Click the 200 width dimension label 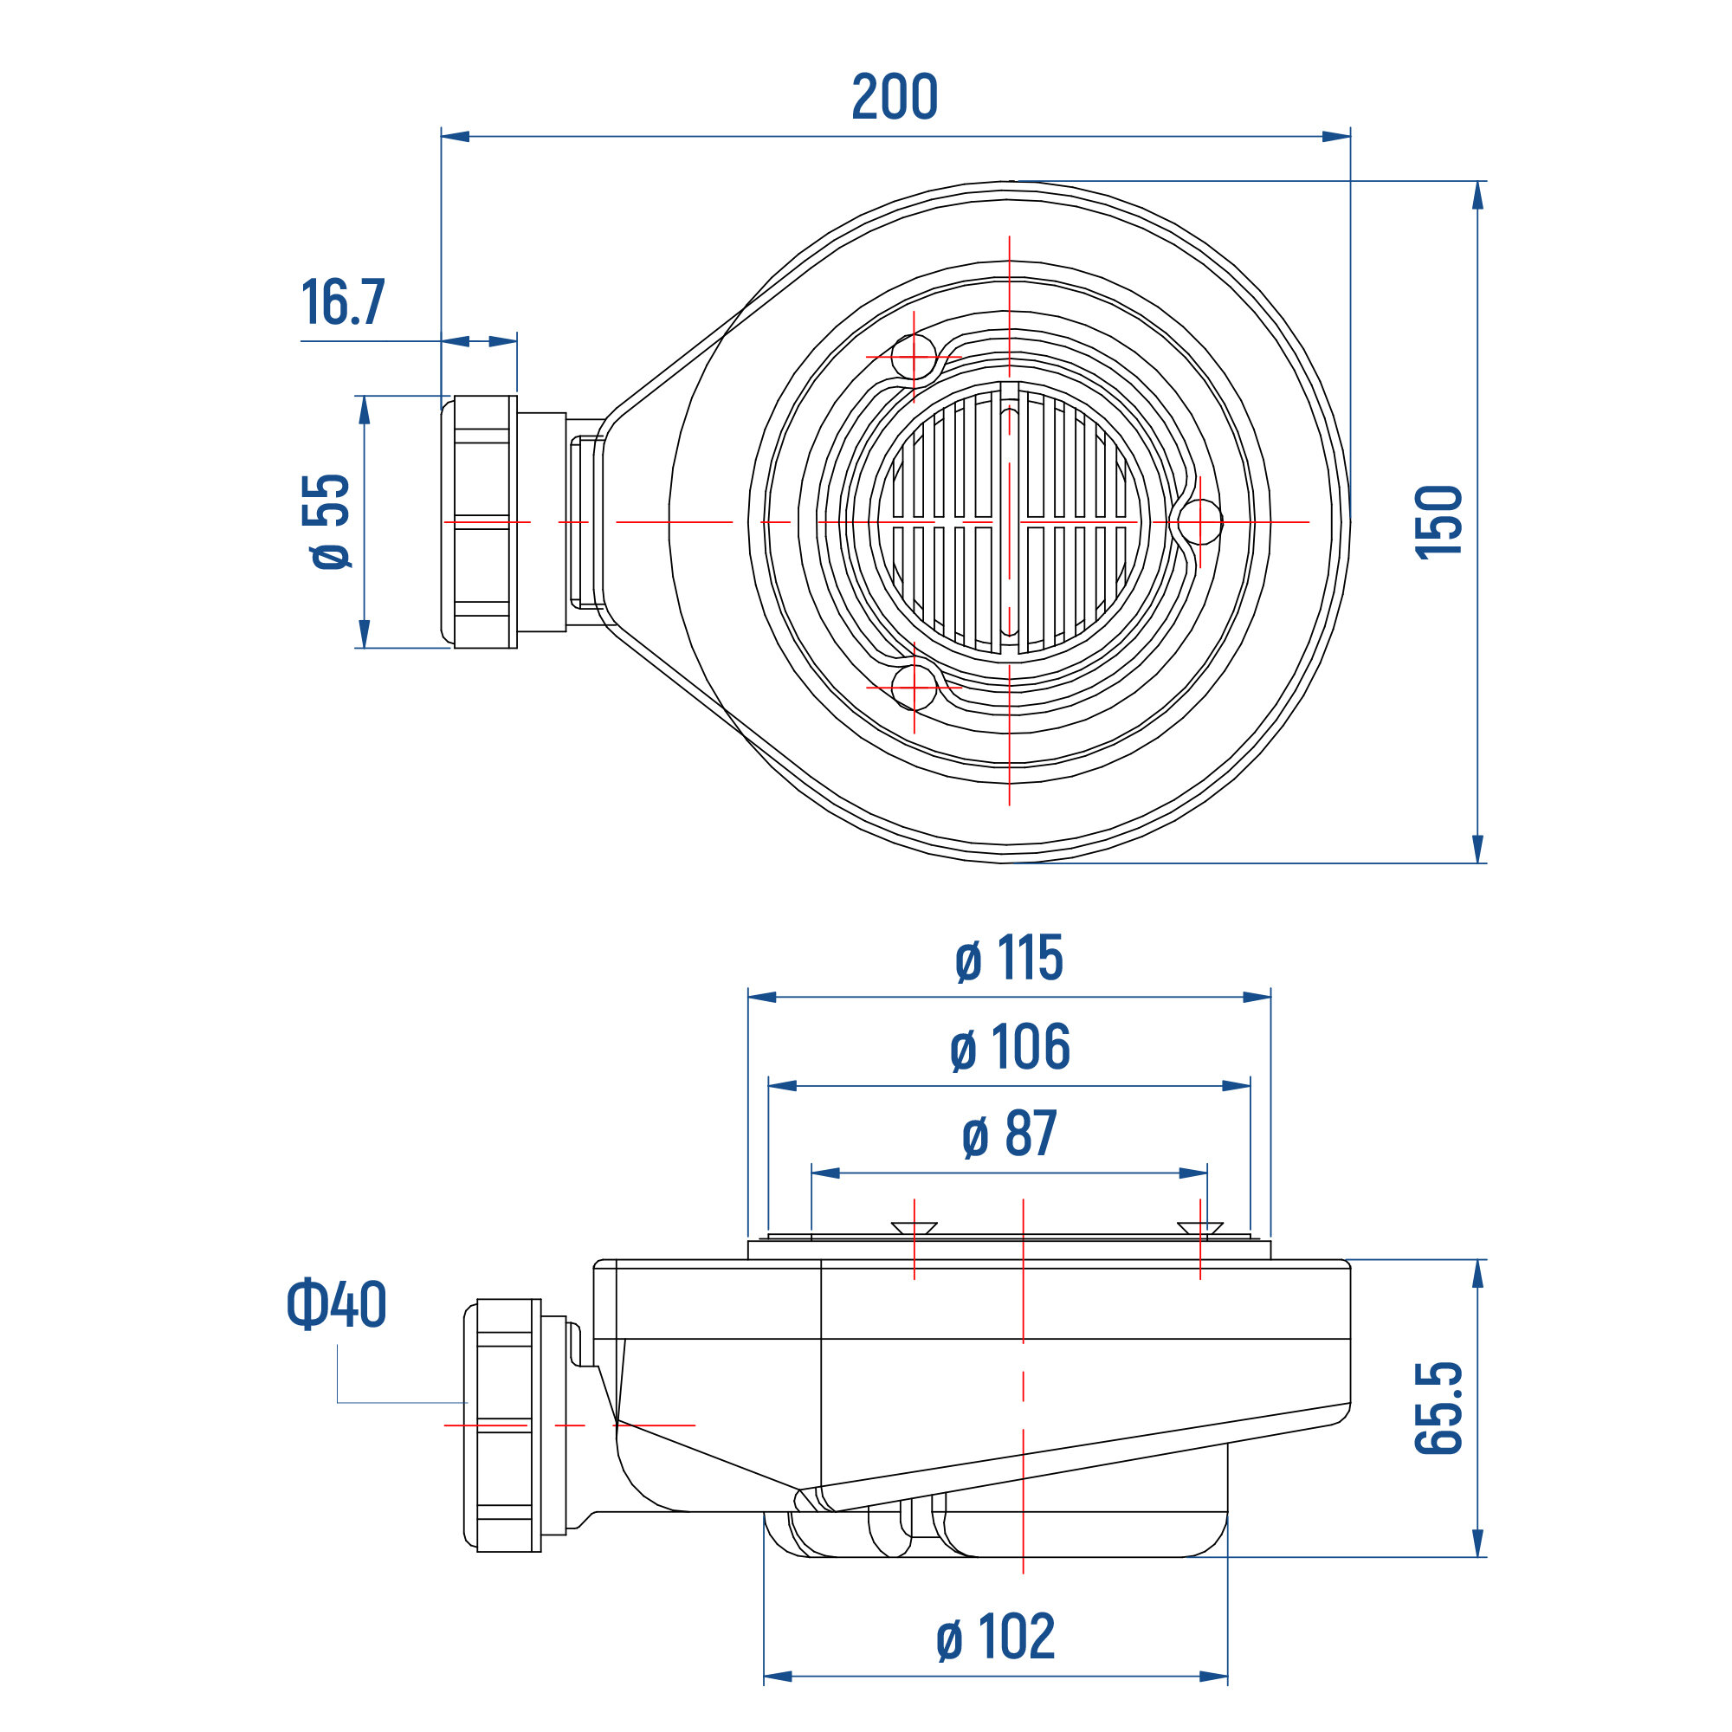(894, 97)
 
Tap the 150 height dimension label (1438, 521)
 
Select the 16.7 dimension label (343, 302)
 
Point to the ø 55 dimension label (327, 521)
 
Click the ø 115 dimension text (1009, 959)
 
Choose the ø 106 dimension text (1010, 1046)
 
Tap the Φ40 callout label (336, 1304)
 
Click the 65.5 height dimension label (1438, 1408)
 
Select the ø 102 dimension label (995, 1636)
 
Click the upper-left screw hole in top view (914, 357)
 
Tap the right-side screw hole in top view (1199, 521)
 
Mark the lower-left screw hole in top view (914, 688)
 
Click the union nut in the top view (485, 521)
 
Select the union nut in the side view (508, 1425)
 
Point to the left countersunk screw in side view (914, 1227)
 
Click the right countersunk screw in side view (1200, 1227)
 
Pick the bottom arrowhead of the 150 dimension (1478, 848)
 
